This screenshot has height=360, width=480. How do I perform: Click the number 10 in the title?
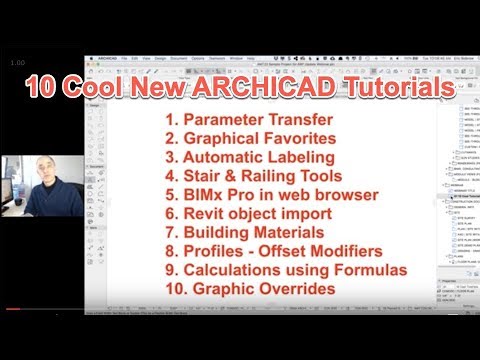[x=44, y=88]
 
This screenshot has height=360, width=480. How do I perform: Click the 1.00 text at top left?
[x=17, y=63]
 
